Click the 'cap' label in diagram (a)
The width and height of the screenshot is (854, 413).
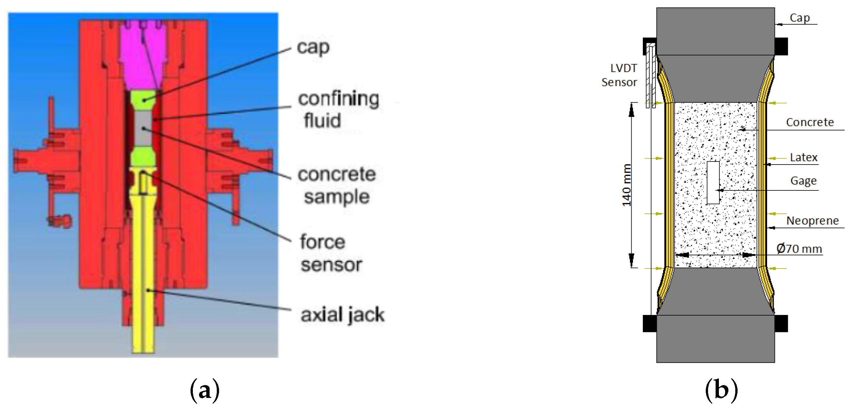[313, 48]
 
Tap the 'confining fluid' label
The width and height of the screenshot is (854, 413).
[338, 109]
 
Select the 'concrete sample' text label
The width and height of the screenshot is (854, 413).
[336, 186]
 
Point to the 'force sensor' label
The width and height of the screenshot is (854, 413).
[331, 253]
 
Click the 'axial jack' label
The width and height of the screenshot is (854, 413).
[342, 315]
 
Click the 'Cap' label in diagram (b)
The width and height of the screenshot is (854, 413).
[799, 18]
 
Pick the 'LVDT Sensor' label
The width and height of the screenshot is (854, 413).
[619, 75]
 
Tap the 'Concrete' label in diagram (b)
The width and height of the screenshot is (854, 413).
[810, 122]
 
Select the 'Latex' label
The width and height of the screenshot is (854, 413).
[803, 157]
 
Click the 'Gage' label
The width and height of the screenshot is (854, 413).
[803, 181]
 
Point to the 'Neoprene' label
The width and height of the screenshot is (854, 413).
[812, 221]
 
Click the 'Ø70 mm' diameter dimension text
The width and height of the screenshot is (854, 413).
[799, 248]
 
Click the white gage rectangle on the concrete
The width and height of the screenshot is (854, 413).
[713, 182]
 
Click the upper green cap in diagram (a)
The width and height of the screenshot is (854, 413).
[143, 100]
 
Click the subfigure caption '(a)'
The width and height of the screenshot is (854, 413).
[205, 390]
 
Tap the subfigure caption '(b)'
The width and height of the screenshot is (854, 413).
[722, 390]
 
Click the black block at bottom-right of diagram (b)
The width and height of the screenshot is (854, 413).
[781, 324]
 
